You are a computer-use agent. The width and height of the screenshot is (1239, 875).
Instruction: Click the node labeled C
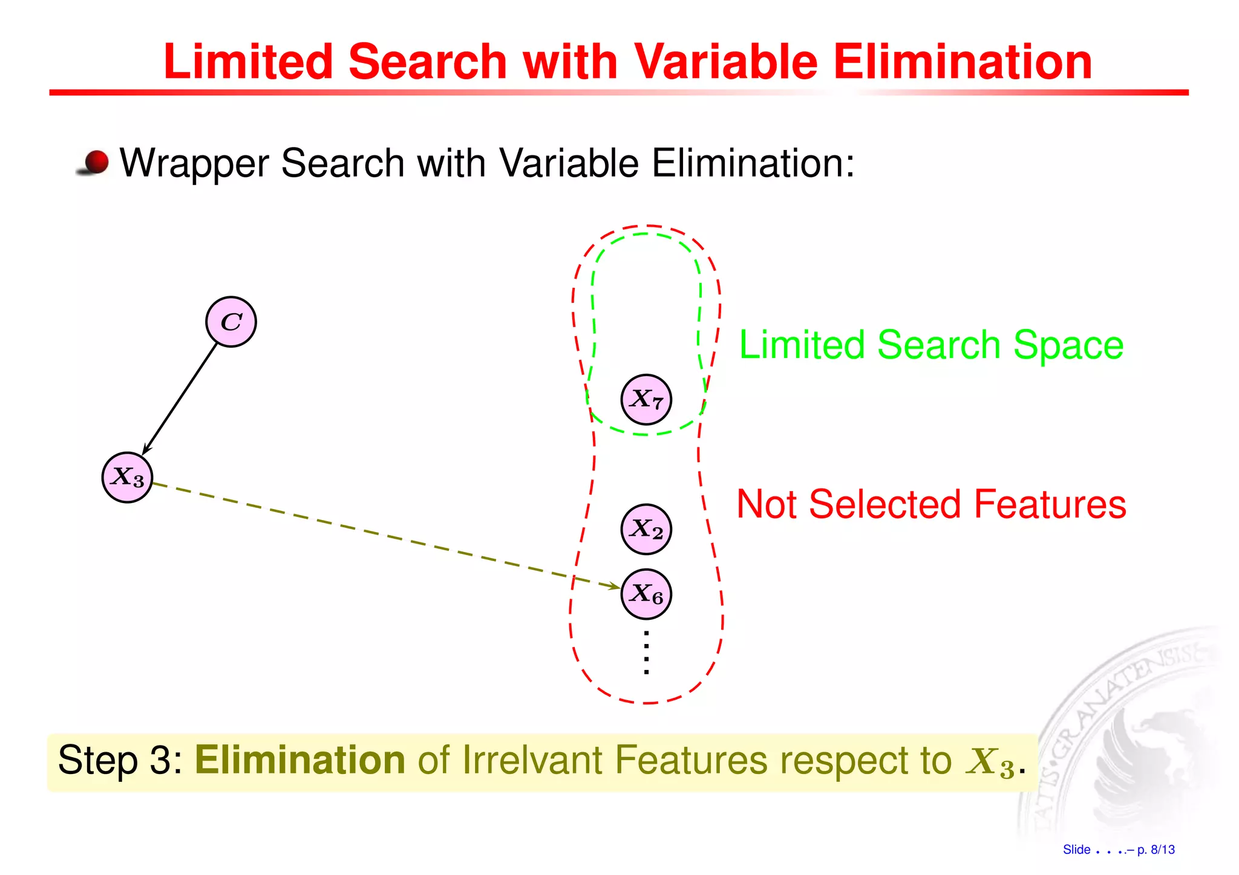coord(231,322)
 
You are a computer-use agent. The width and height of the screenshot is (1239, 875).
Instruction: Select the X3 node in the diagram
coord(127,477)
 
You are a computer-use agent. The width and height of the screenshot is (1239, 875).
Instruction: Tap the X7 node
coord(646,399)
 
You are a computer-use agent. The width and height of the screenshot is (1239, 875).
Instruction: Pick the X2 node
coord(646,529)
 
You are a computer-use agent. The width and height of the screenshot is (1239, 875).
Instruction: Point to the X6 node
coord(646,594)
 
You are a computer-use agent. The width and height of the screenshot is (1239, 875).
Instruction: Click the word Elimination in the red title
coord(963,62)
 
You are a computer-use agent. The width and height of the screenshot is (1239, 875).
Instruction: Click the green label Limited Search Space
coord(931,345)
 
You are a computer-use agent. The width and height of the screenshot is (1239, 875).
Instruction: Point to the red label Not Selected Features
coord(931,504)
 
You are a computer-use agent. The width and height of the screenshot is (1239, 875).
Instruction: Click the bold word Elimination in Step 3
coord(300,760)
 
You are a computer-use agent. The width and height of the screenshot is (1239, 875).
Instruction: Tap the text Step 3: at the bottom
coord(120,760)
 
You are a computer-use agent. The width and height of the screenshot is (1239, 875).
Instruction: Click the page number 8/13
coord(1162,850)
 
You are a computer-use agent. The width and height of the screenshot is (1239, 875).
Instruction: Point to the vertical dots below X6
coord(646,652)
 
